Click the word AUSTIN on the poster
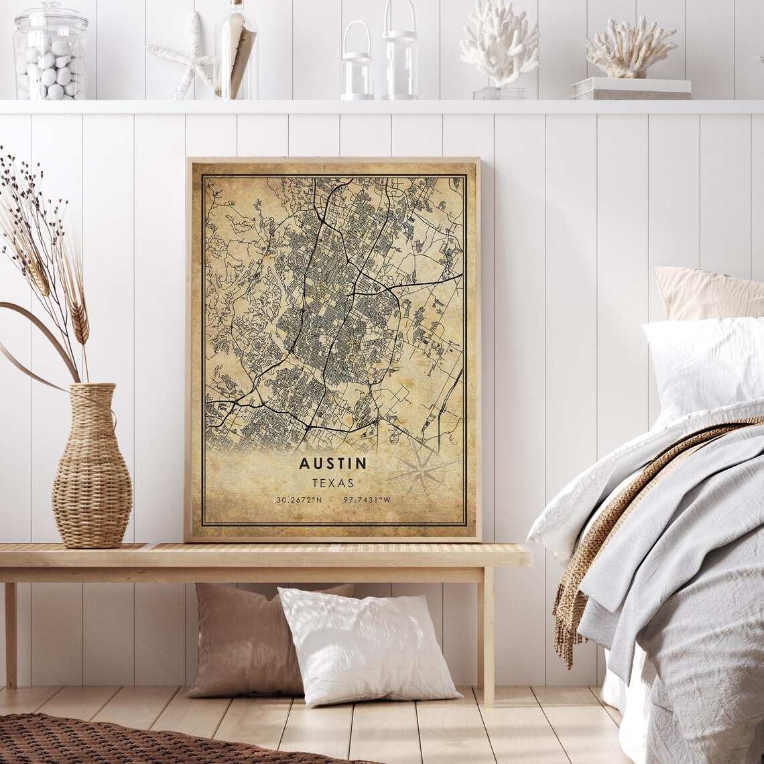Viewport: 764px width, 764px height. tap(332, 463)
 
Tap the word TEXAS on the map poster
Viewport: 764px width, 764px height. tap(332, 483)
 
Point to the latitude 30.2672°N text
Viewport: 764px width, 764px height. tap(299, 500)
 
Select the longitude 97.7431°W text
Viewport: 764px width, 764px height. tap(367, 500)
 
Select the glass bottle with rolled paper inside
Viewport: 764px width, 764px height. tap(236, 54)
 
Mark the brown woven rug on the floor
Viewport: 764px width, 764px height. tap(134, 741)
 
